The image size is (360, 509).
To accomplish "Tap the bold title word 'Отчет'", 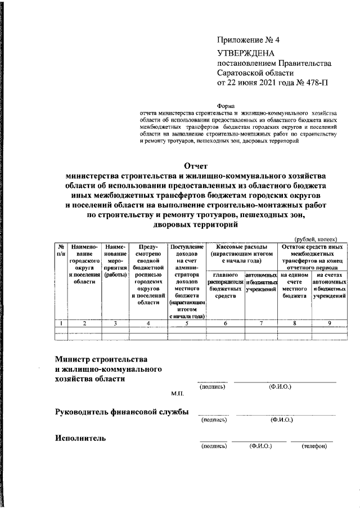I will pos(196,165).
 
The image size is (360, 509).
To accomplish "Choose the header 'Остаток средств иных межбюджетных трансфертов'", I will pos(313,257).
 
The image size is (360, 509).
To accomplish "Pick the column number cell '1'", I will pos(60,323).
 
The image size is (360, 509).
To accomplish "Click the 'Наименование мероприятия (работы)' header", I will pos(115,262).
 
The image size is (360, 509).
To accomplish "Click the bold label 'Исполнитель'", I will pos(80,438).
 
